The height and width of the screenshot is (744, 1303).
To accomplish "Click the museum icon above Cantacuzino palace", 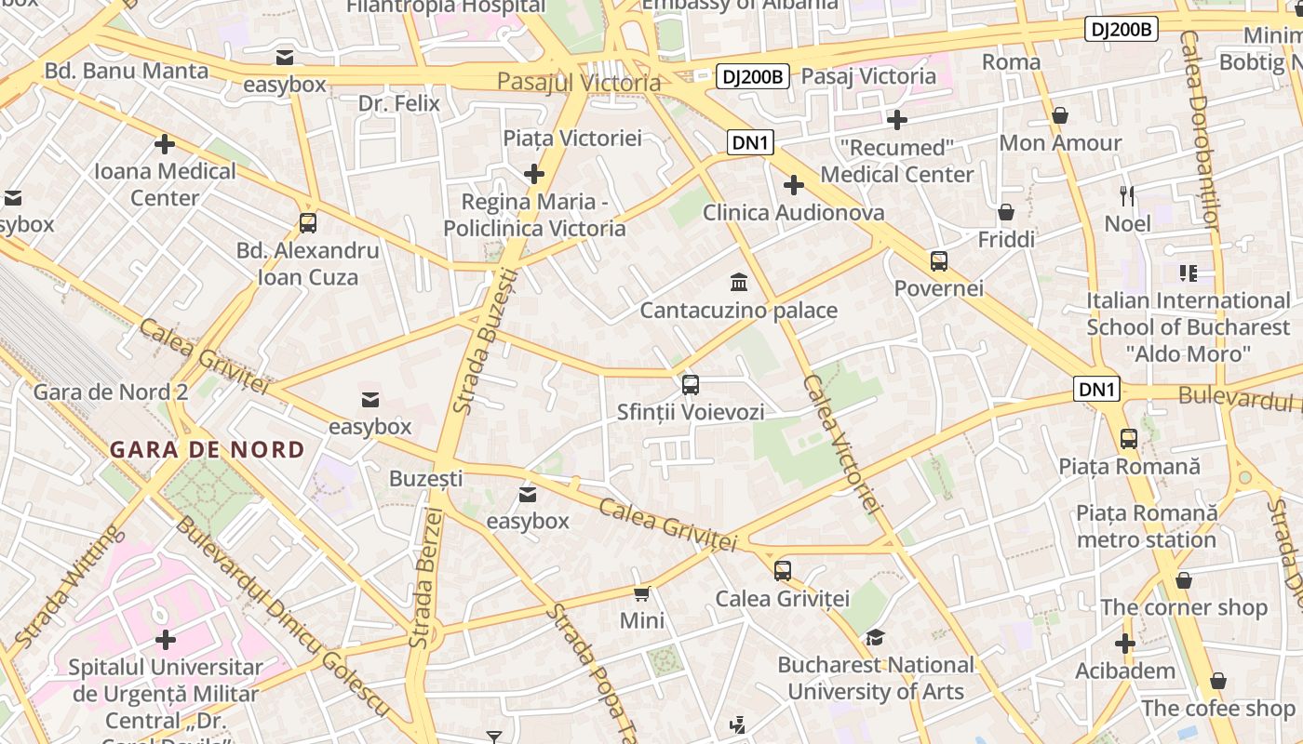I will pyautogui.click(x=739, y=282).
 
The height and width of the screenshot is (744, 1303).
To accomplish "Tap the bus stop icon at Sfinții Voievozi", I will pyautogui.click(x=690, y=384).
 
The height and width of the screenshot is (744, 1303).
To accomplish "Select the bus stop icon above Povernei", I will pyautogui.click(x=938, y=260).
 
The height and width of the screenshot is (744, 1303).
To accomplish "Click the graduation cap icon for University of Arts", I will pyautogui.click(x=875, y=637).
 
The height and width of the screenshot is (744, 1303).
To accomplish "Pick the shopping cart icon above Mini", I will pyautogui.click(x=641, y=593).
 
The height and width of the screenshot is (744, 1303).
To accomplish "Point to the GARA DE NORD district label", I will pyautogui.click(x=207, y=450).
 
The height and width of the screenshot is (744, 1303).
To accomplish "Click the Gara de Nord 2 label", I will pyautogui.click(x=111, y=392).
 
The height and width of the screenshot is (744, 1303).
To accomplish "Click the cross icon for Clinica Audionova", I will pyautogui.click(x=793, y=185).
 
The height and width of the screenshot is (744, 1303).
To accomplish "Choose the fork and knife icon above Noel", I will pyautogui.click(x=1127, y=195).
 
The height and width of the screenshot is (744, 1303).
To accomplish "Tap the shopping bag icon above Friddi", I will pyautogui.click(x=1006, y=212).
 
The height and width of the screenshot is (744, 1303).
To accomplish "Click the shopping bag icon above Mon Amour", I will pyautogui.click(x=1060, y=115).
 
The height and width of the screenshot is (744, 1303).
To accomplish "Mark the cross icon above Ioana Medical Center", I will pyautogui.click(x=165, y=144).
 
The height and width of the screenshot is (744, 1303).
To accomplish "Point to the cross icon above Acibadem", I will pyautogui.click(x=1125, y=643).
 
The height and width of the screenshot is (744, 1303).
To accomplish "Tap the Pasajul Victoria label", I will pyautogui.click(x=579, y=82).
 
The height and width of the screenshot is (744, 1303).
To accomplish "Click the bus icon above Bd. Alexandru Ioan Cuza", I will pyautogui.click(x=308, y=223).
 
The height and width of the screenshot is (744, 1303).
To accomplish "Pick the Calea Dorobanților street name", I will pyautogui.click(x=1199, y=130).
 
